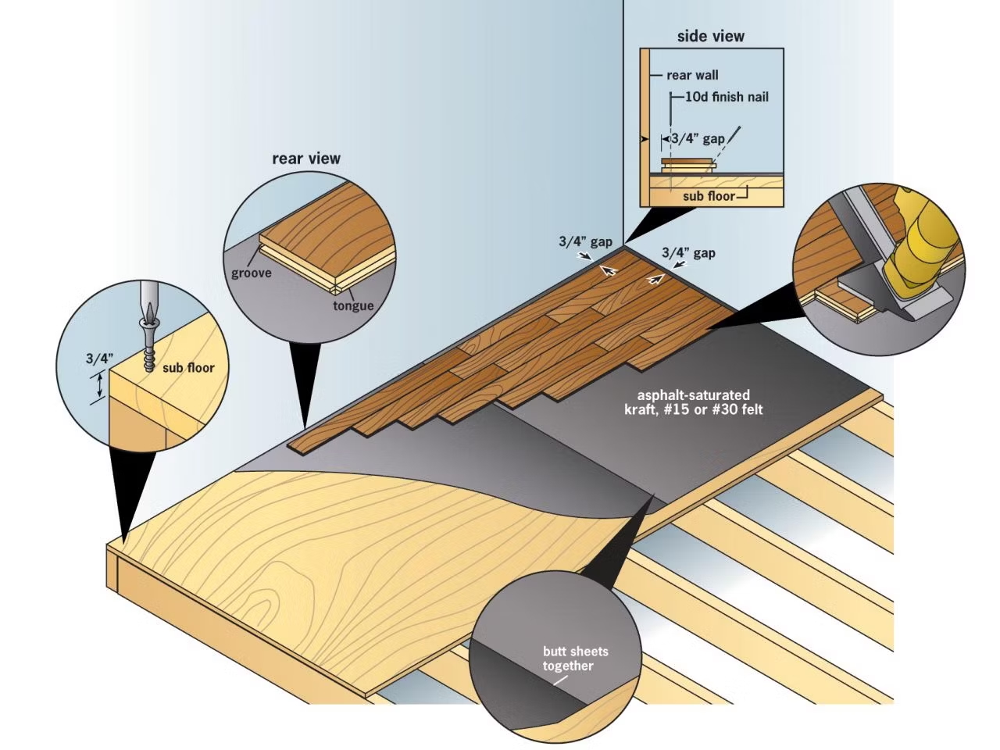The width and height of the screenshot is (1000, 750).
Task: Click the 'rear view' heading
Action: (306, 159)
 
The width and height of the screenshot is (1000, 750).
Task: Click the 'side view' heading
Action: (710, 36)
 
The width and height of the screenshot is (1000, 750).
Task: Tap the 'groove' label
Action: (252, 273)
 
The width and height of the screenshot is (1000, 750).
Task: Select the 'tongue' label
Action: (353, 305)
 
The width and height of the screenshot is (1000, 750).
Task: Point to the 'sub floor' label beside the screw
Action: (188, 366)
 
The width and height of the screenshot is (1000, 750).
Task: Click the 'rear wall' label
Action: (692, 75)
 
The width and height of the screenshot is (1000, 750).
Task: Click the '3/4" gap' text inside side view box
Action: (698, 138)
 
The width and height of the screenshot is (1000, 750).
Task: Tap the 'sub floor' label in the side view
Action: (709, 195)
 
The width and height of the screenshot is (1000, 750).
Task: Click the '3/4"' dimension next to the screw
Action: (99, 359)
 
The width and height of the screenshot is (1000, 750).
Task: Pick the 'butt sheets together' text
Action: (575, 659)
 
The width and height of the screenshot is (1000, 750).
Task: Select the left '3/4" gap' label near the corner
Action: (585, 241)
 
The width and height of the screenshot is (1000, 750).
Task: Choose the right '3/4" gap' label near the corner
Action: (688, 252)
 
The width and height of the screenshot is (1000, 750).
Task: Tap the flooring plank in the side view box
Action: (687, 164)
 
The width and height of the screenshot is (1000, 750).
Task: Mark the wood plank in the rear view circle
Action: (328, 227)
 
